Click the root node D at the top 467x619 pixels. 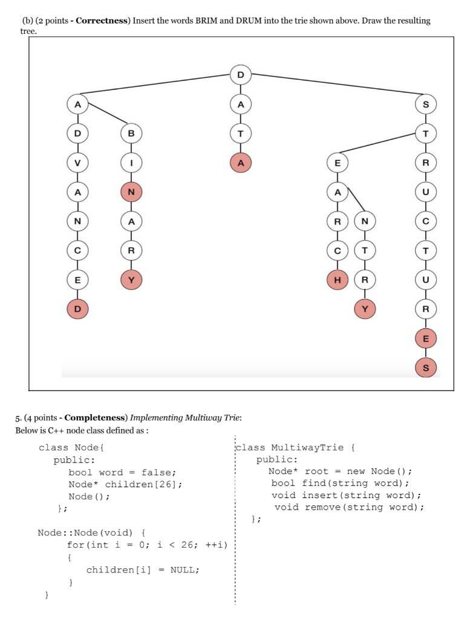coord(241,75)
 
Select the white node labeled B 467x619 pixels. coord(131,132)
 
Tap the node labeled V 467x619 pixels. coord(77,162)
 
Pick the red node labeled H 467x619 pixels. coord(338,279)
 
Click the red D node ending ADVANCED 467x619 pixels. coord(77,308)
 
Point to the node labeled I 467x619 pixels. coord(131,162)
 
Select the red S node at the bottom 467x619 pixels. coord(426,367)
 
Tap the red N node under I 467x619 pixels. coord(131,192)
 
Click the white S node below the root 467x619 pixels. coord(426,104)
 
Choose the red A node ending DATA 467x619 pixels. coord(241,162)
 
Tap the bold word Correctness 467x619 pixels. coord(103,21)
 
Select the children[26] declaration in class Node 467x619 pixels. coord(143,484)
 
